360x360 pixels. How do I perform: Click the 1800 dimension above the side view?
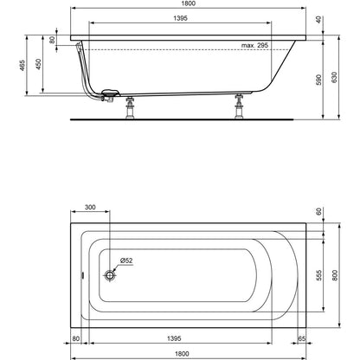(189, 3)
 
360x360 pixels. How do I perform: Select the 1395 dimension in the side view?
(180, 18)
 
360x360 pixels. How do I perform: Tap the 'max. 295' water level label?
(254, 45)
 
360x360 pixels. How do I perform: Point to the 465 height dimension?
(22, 66)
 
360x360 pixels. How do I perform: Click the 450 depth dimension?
(38, 64)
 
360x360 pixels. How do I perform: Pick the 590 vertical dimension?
(318, 80)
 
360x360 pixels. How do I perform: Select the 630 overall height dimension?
(334, 77)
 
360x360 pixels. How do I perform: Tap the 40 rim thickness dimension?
(318, 20)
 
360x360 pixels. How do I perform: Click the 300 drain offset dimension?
(90, 207)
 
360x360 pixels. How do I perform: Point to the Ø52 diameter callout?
(125, 260)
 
